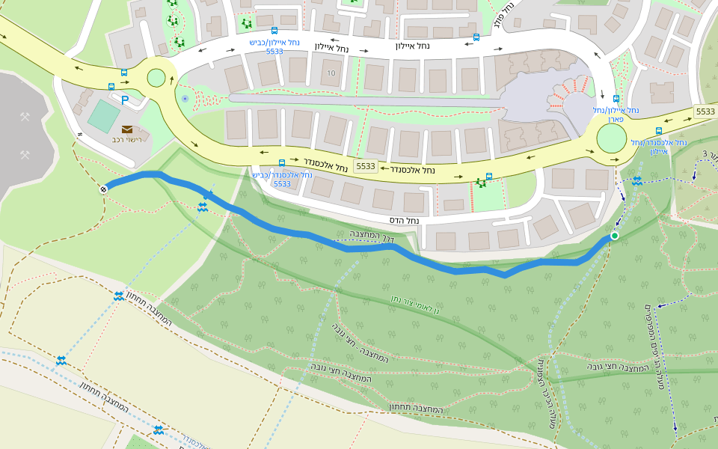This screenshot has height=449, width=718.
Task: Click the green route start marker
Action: (614, 236)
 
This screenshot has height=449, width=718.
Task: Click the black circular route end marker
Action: (104, 189)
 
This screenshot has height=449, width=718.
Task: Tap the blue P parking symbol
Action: (125, 100)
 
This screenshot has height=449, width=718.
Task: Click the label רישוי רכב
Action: (126, 140)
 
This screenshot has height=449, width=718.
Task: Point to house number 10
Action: (331, 73)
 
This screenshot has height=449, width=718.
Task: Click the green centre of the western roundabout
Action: (156, 78)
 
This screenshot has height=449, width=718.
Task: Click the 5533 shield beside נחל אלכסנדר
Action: (365, 166)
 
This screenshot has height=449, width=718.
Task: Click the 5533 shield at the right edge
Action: (705, 112)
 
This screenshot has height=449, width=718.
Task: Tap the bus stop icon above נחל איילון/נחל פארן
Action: (616, 99)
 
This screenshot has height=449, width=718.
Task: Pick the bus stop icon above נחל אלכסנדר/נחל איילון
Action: (658, 131)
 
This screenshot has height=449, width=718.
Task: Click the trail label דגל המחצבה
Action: (372, 236)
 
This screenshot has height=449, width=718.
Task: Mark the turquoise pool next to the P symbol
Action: (102, 114)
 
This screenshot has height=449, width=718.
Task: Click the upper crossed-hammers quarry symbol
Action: (25, 117)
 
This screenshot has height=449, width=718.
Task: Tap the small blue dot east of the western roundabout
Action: (185, 98)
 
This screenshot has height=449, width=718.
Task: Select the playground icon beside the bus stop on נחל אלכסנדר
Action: (480, 183)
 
